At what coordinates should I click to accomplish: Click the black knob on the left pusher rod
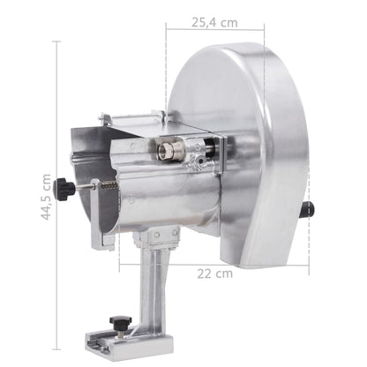click(x=64, y=188)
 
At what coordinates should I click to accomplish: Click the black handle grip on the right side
click(x=308, y=210)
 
